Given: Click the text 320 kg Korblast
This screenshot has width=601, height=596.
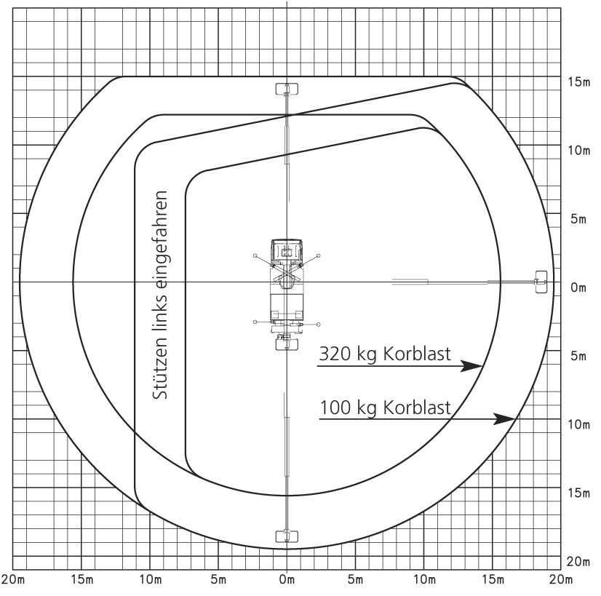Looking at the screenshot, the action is (385, 354).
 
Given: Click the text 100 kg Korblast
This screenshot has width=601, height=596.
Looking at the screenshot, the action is (385, 408).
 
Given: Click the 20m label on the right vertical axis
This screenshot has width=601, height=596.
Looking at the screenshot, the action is (578, 562).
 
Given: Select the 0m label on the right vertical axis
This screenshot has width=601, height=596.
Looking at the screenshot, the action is (578, 287).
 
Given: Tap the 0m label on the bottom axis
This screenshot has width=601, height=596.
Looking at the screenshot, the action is (287, 579).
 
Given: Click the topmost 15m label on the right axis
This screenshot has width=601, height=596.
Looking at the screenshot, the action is (578, 82).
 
